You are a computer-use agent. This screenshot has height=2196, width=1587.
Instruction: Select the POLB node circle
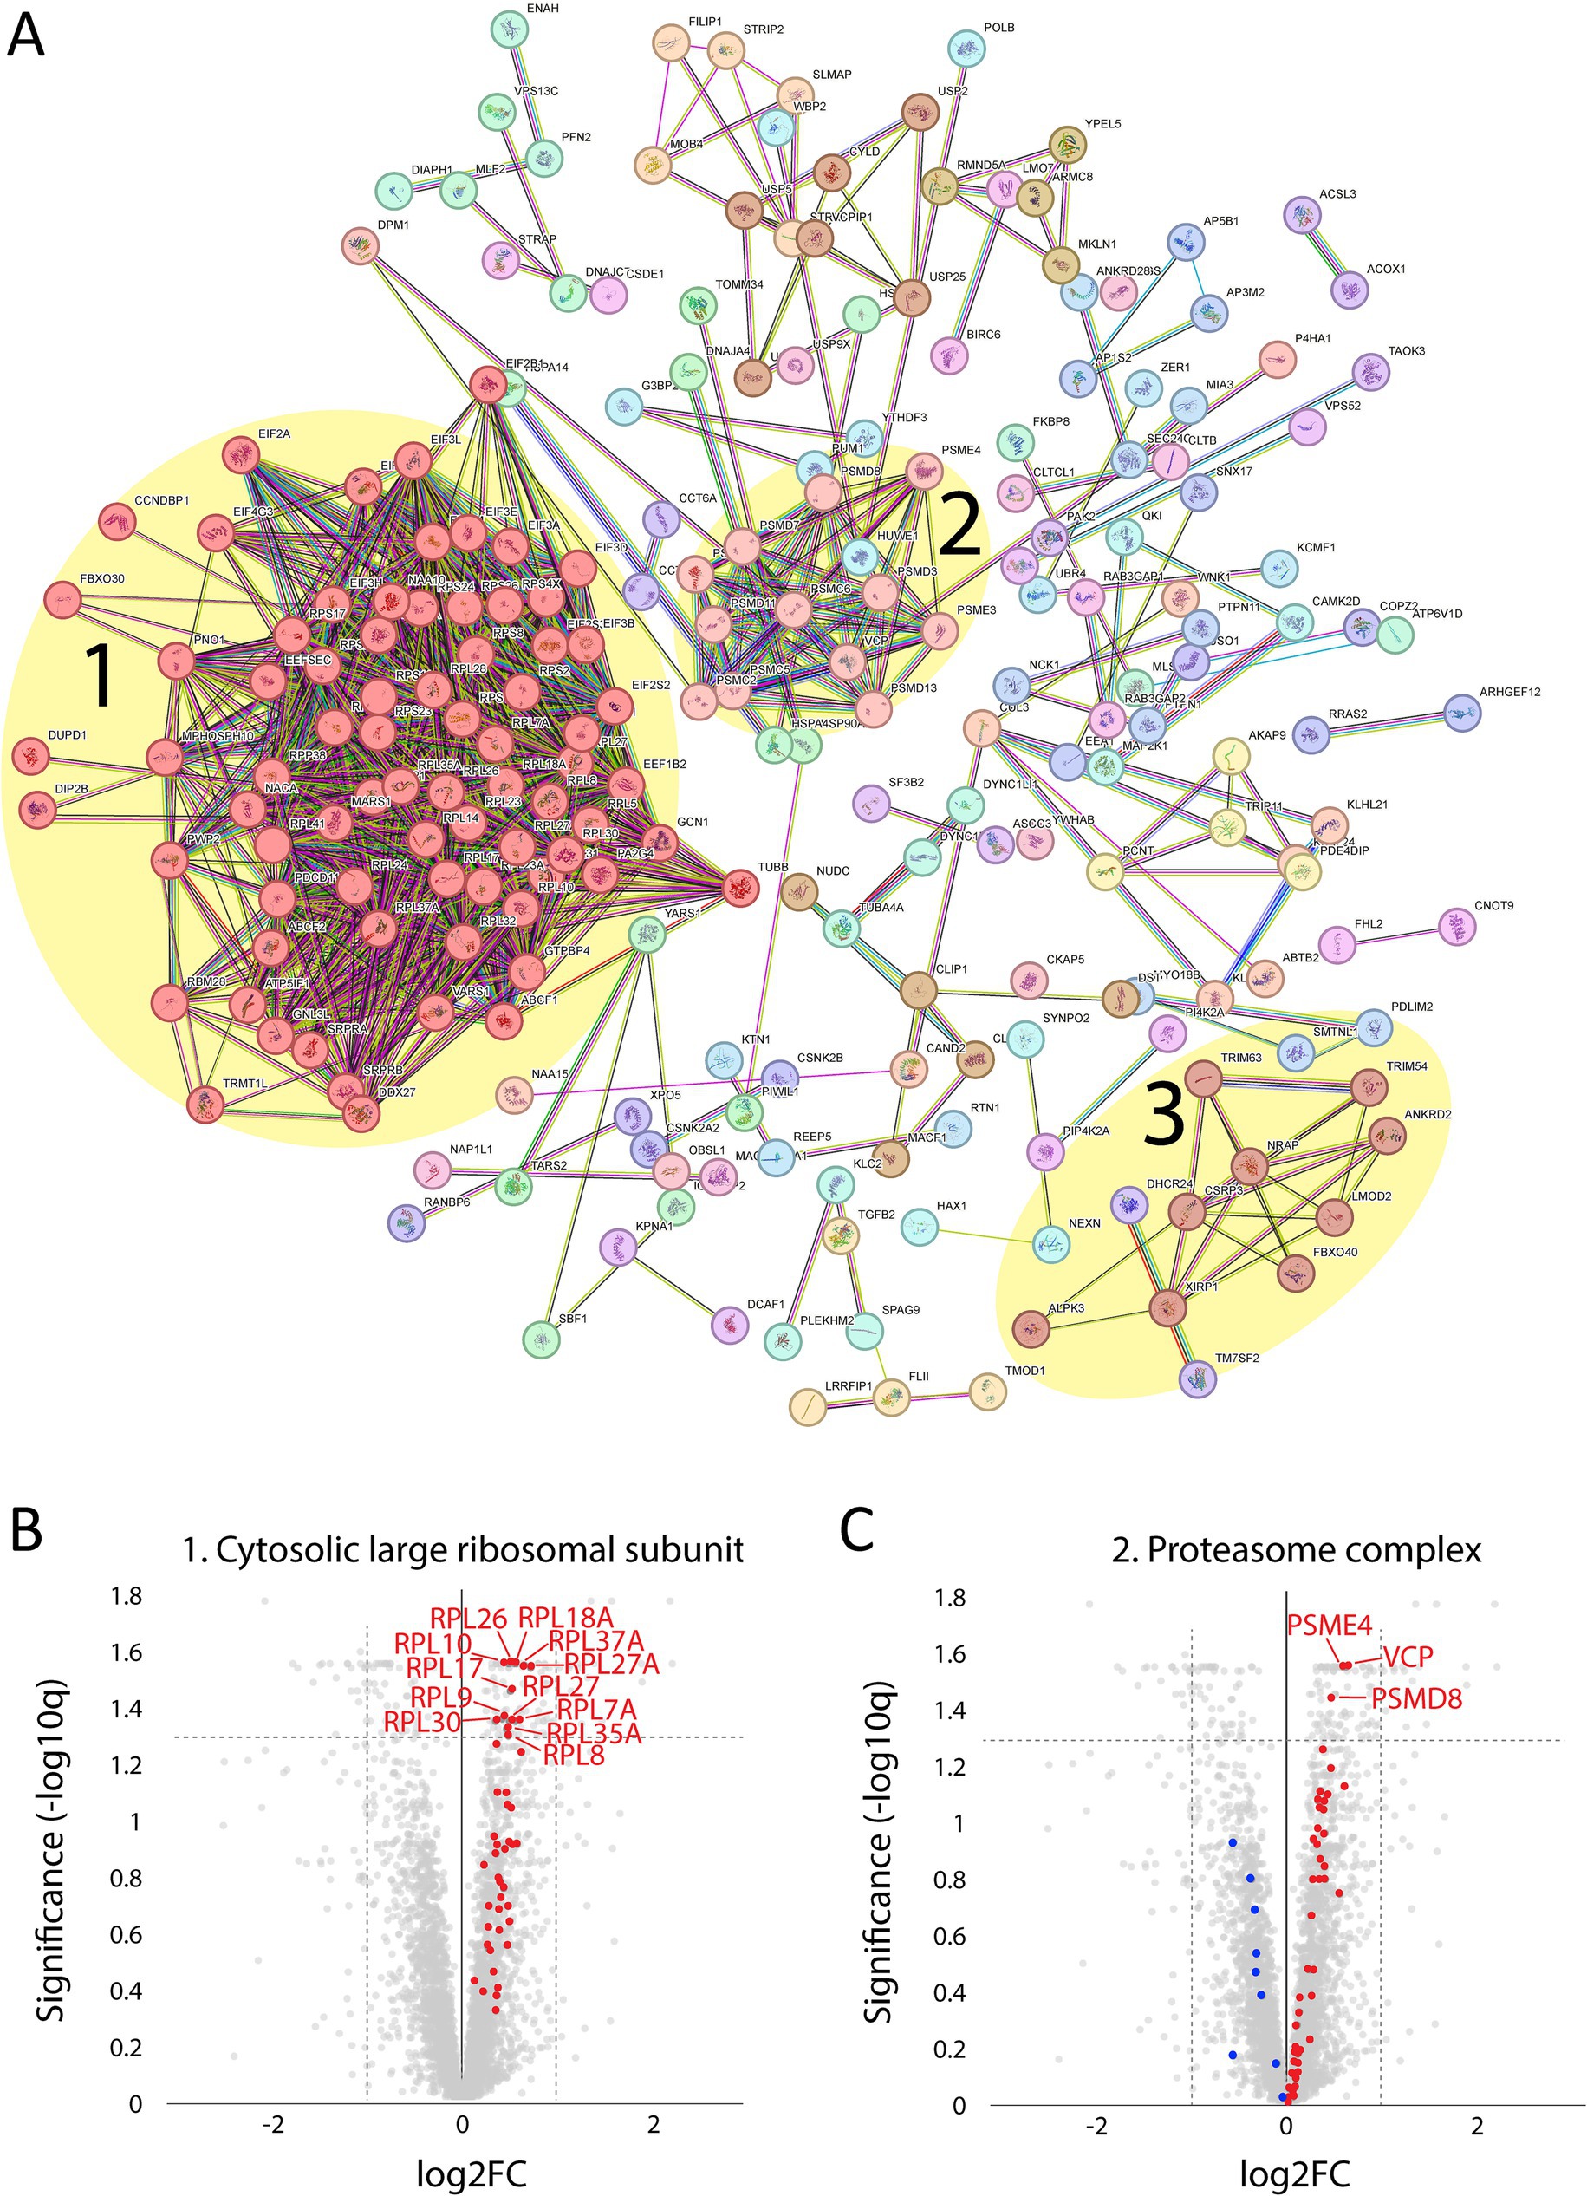966,49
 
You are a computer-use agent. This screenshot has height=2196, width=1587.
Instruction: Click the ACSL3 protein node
1301,214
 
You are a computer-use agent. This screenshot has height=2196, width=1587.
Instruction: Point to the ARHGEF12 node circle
1462,712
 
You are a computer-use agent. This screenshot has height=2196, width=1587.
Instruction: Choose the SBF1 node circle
540,1340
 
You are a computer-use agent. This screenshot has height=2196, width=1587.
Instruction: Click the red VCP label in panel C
1407,1657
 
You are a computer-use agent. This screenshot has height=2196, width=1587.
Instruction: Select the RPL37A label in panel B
595,1640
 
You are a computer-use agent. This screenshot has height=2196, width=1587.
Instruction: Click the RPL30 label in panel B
422,1723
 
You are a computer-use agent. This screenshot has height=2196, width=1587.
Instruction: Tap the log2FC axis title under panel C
1294,2174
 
